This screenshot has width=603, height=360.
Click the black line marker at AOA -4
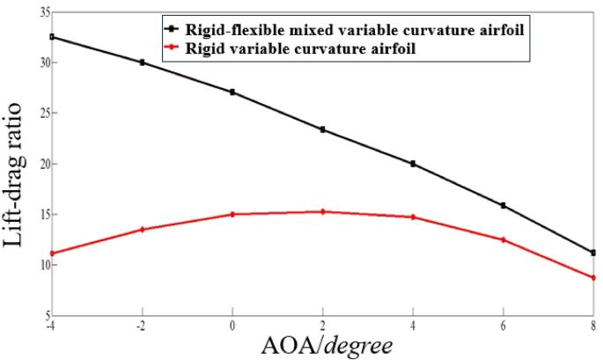(52, 37)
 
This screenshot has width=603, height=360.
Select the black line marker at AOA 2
(322, 129)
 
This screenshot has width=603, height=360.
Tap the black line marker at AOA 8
(593, 253)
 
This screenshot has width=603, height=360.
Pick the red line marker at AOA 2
(322, 211)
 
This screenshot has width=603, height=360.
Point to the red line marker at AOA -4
(52, 253)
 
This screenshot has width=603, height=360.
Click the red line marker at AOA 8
(593, 278)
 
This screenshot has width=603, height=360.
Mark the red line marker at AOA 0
(232, 214)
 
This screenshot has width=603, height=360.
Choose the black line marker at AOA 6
(503, 205)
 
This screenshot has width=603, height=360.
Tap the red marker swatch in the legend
(177, 50)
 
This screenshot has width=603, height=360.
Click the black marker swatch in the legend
(177, 31)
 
